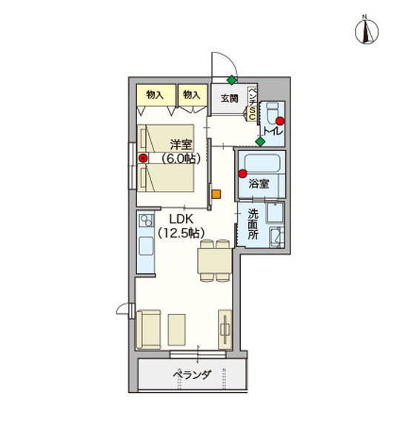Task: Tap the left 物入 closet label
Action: [155, 95]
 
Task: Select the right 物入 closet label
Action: [192, 95]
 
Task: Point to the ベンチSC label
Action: [252, 104]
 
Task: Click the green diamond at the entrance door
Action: [232, 79]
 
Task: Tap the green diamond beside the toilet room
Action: [260, 141]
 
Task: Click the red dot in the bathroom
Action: [242, 174]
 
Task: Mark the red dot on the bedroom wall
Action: [142, 157]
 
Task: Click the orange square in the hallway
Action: [216, 195]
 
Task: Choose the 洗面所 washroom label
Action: [253, 223]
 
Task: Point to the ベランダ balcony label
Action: [193, 375]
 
